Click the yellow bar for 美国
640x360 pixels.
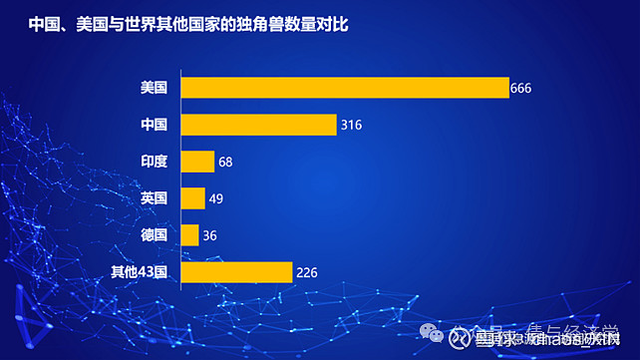344,88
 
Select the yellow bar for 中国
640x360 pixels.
258,125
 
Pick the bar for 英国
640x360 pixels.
192,198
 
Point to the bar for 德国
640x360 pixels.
189,235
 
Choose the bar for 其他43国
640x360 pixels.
236,272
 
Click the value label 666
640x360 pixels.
520,89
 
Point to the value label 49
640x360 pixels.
215,199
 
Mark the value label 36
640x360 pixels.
209,236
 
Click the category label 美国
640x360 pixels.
155,88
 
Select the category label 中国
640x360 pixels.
155,125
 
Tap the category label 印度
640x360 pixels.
155,162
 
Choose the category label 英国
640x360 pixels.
155,198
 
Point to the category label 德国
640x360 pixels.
155,235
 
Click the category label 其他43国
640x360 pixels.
141,272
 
